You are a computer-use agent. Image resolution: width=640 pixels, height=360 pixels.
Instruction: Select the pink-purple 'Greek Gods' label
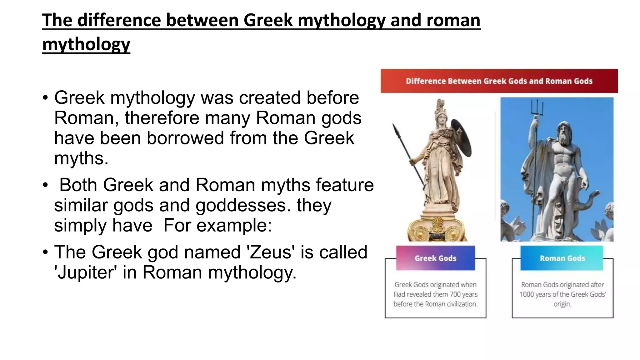[x=435, y=258]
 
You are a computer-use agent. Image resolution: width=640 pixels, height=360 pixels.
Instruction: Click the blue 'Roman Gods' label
[x=562, y=258]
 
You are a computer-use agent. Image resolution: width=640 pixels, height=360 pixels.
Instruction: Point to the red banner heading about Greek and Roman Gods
[x=499, y=81]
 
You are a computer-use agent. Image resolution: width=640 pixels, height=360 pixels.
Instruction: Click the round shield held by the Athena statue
[x=462, y=138]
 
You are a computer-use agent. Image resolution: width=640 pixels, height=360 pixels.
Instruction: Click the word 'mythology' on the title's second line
[x=86, y=44]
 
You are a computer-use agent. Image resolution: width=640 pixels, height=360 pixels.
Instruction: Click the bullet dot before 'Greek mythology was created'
[x=46, y=98]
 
